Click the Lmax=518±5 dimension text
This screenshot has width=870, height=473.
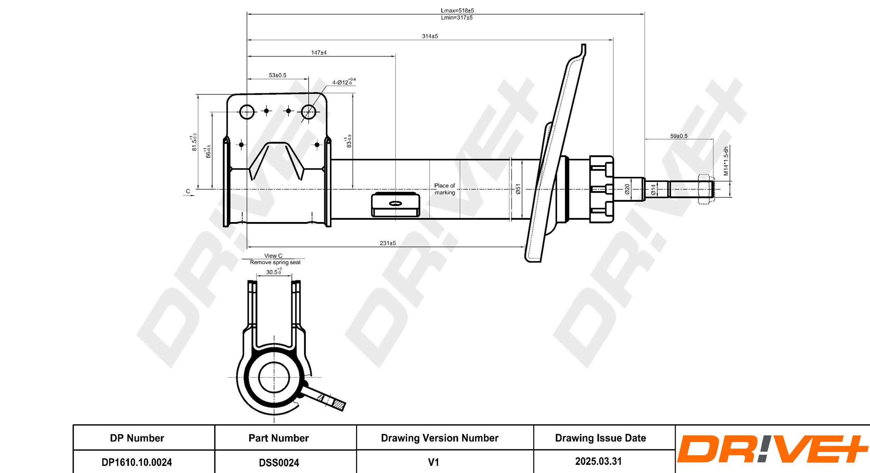457,10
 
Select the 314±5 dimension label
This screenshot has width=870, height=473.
430,36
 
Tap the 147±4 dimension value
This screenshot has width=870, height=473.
319,53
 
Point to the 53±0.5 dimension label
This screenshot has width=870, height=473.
277,75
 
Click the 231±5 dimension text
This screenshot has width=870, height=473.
388,243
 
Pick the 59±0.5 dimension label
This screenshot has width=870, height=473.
679,136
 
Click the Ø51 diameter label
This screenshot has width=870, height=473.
518,189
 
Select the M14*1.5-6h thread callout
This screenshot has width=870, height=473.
726,161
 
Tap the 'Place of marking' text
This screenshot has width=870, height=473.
444,189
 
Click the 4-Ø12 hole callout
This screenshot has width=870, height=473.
343,82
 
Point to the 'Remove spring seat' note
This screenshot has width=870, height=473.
275,262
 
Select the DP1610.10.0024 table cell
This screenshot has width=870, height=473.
137,462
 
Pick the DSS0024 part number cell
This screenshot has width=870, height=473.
279,463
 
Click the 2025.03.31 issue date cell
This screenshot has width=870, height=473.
598,462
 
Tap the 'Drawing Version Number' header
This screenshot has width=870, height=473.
440,438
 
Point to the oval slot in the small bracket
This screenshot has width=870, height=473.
395,204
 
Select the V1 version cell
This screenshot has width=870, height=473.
433,462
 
